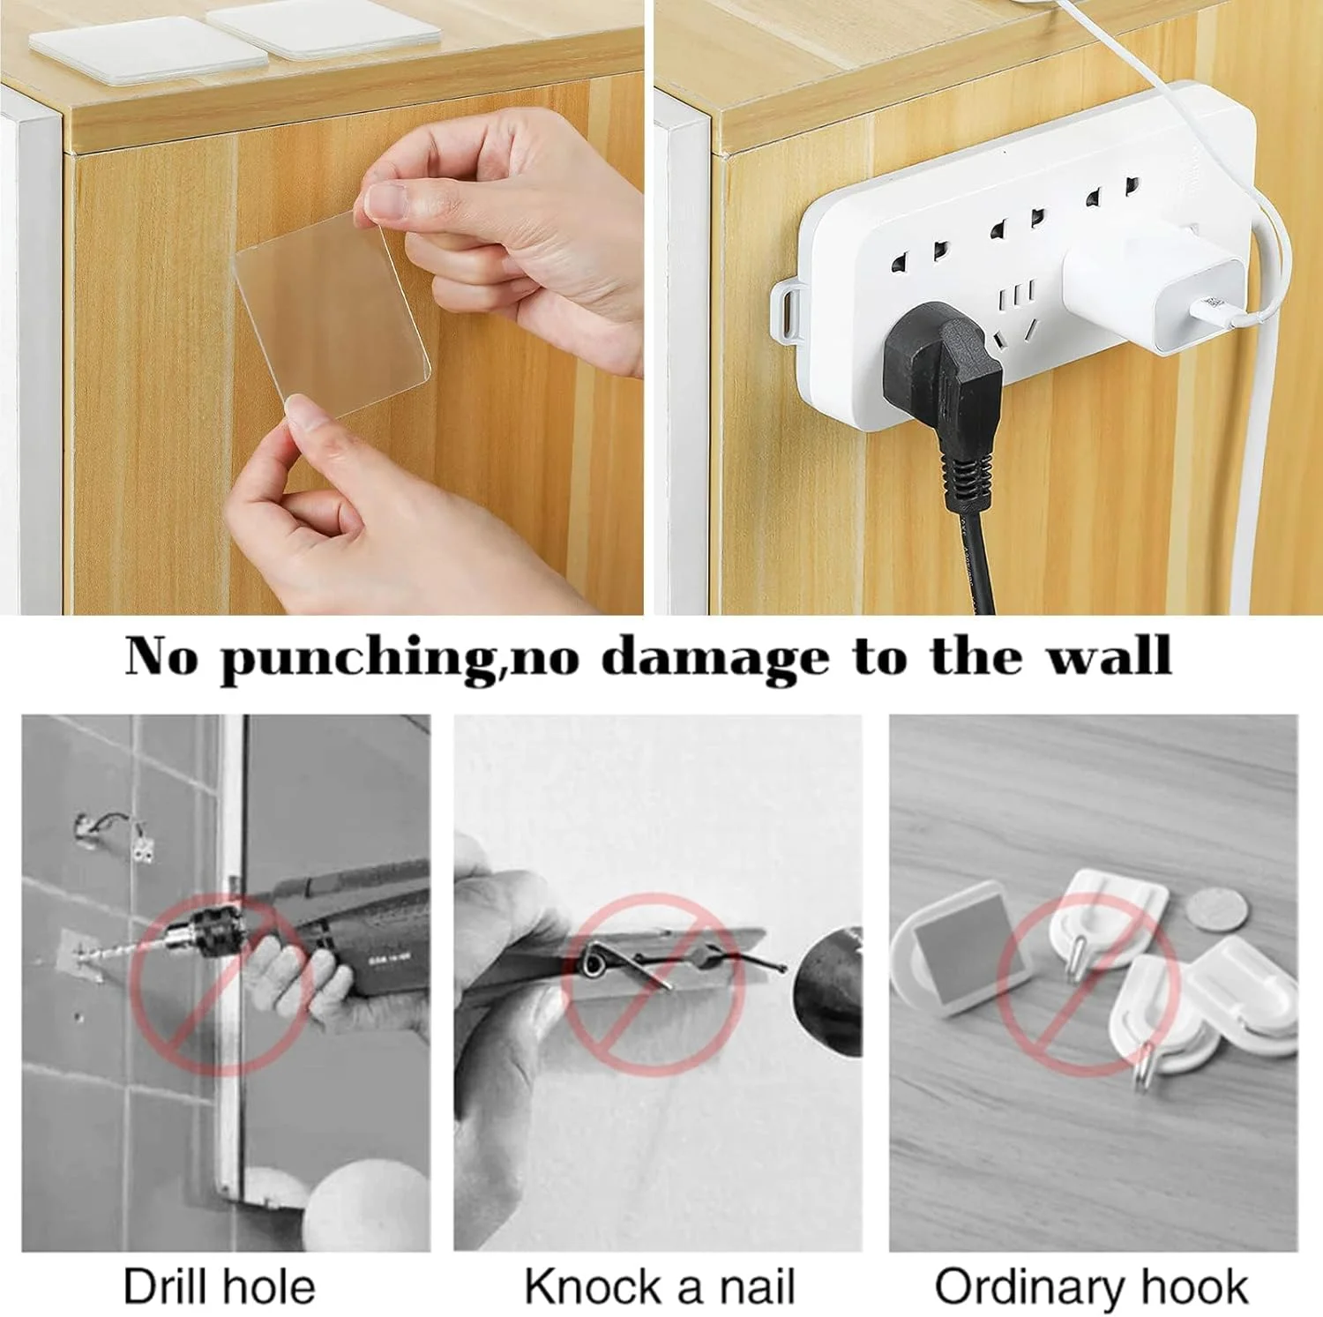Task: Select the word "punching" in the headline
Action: point(359,658)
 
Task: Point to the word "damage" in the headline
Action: point(714,657)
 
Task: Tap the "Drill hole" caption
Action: point(219,1287)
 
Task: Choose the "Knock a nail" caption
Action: point(660,1287)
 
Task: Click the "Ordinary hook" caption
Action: point(1092,1287)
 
